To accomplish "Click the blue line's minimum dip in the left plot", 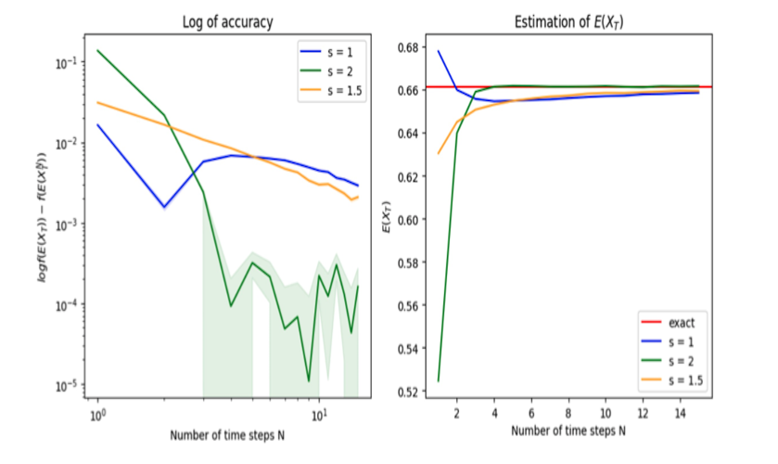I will [164, 207].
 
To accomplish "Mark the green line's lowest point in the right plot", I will [438, 380].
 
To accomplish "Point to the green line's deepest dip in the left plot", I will [309, 380].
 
